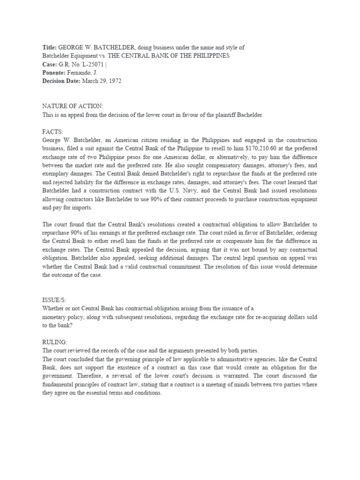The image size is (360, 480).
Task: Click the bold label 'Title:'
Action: coord(49,48)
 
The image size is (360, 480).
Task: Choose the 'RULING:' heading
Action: coord(55,343)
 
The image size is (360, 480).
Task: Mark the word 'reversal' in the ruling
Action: coord(139,376)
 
